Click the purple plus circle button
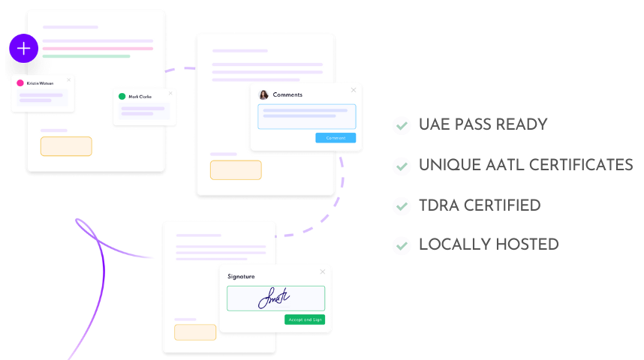24,49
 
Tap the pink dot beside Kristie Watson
20,83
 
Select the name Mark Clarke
140,97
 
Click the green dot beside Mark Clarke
122,97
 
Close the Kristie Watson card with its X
68,79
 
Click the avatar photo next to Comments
263,94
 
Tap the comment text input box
307,116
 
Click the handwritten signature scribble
274,298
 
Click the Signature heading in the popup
241,277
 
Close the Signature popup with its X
323,271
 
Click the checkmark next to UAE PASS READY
402,125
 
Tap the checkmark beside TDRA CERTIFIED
402,205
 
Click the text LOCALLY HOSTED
488,244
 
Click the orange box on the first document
66,146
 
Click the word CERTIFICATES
581,164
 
